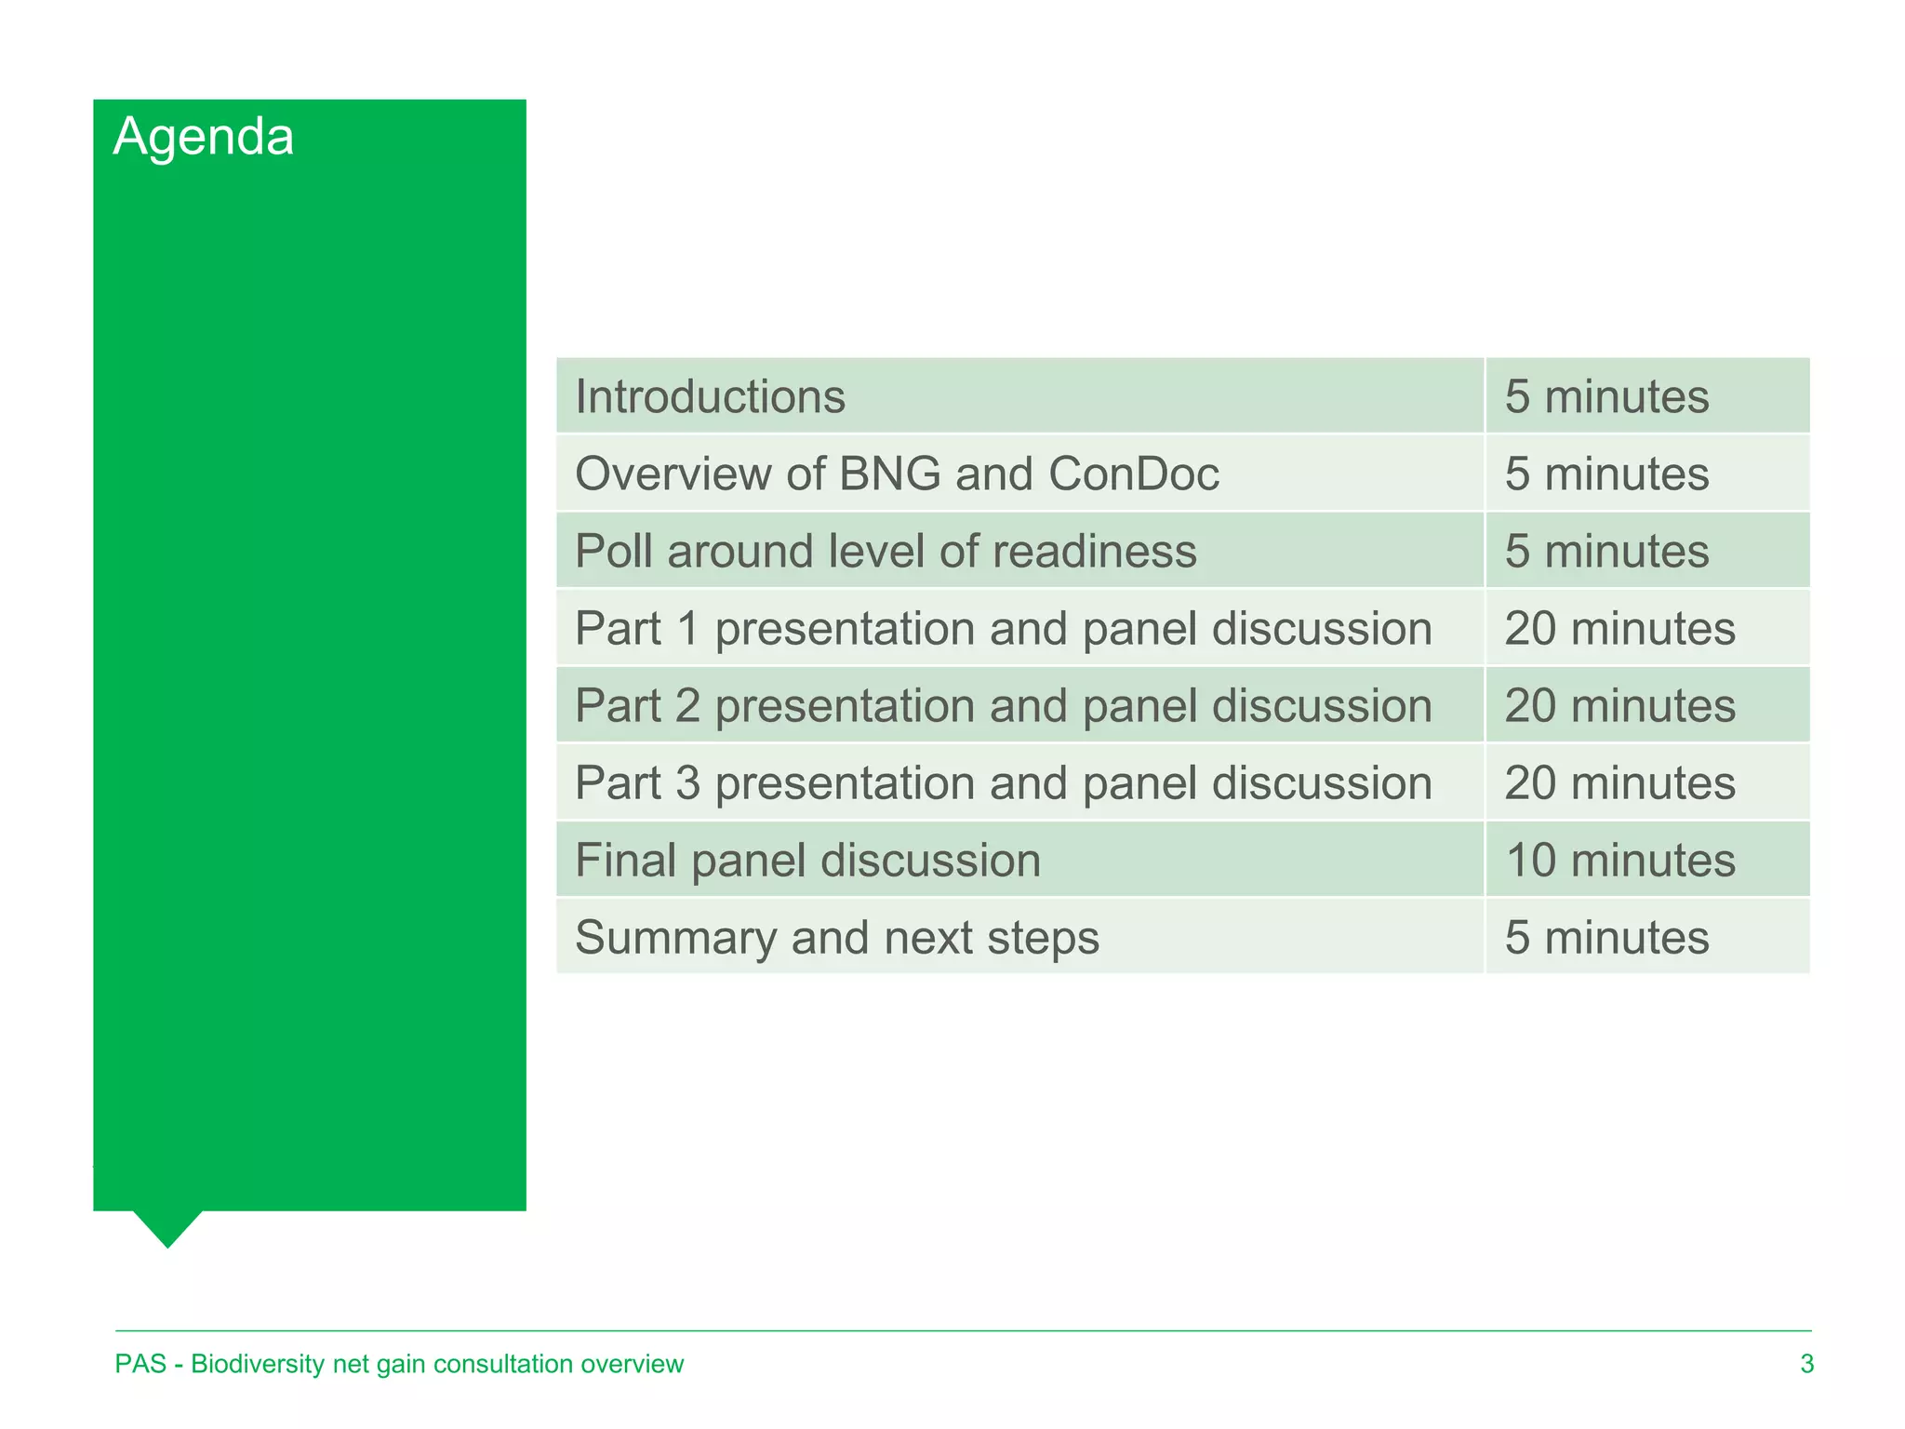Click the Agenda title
tap(204, 137)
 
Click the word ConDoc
tap(1133, 474)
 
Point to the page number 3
tap(1806, 1364)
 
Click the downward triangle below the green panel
tap(167, 1225)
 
